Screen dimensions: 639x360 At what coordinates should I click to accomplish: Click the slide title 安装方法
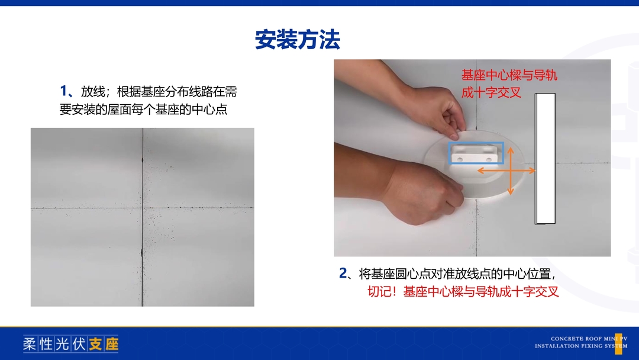298,40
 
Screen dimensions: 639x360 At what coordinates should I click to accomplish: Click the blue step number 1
63,91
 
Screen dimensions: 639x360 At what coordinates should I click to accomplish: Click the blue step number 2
343,273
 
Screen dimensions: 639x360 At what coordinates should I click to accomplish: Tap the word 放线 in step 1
93,91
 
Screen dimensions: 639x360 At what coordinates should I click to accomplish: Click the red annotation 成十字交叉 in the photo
491,92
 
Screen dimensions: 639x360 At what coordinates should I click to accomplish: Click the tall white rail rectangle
546,159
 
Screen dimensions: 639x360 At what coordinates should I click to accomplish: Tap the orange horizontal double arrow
506,171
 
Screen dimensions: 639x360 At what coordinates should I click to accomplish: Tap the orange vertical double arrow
511,171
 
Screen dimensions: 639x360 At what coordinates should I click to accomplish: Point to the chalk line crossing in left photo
142,208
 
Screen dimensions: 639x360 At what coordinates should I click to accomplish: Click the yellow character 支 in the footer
95,344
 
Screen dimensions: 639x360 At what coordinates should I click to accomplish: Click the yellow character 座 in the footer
112,344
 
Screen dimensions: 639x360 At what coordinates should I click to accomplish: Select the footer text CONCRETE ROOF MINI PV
589,339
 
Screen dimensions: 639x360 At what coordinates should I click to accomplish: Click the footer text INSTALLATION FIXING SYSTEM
581,346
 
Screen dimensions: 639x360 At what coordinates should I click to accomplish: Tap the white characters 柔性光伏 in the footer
54,344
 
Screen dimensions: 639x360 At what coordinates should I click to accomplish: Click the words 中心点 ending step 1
209,110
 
